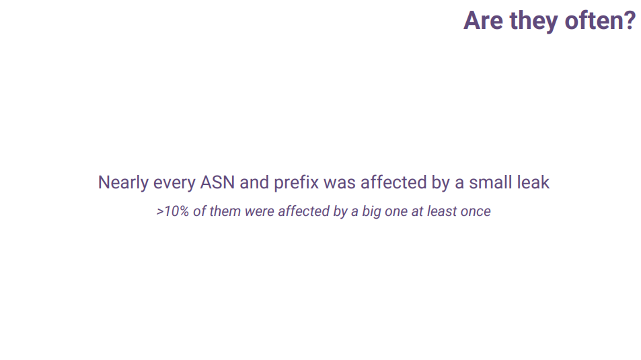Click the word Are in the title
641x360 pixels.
tap(483, 20)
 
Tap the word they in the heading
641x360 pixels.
tap(534, 22)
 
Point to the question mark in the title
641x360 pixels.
tap(629, 20)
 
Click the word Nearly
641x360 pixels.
tap(123, 183)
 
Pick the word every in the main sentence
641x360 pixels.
tap(174, 184)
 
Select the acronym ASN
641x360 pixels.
tap(217, 182)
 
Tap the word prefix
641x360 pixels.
tap(296, 182)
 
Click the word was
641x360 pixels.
tap(339, 184)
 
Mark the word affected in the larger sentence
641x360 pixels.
tap(393, 182)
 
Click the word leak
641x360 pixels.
tap(533, 182)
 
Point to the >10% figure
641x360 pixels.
tap(172, 211)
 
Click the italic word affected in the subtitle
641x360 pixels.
tap(303, 211)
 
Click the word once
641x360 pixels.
tap(476, 213)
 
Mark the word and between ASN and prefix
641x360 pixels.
tap(254, 182)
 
